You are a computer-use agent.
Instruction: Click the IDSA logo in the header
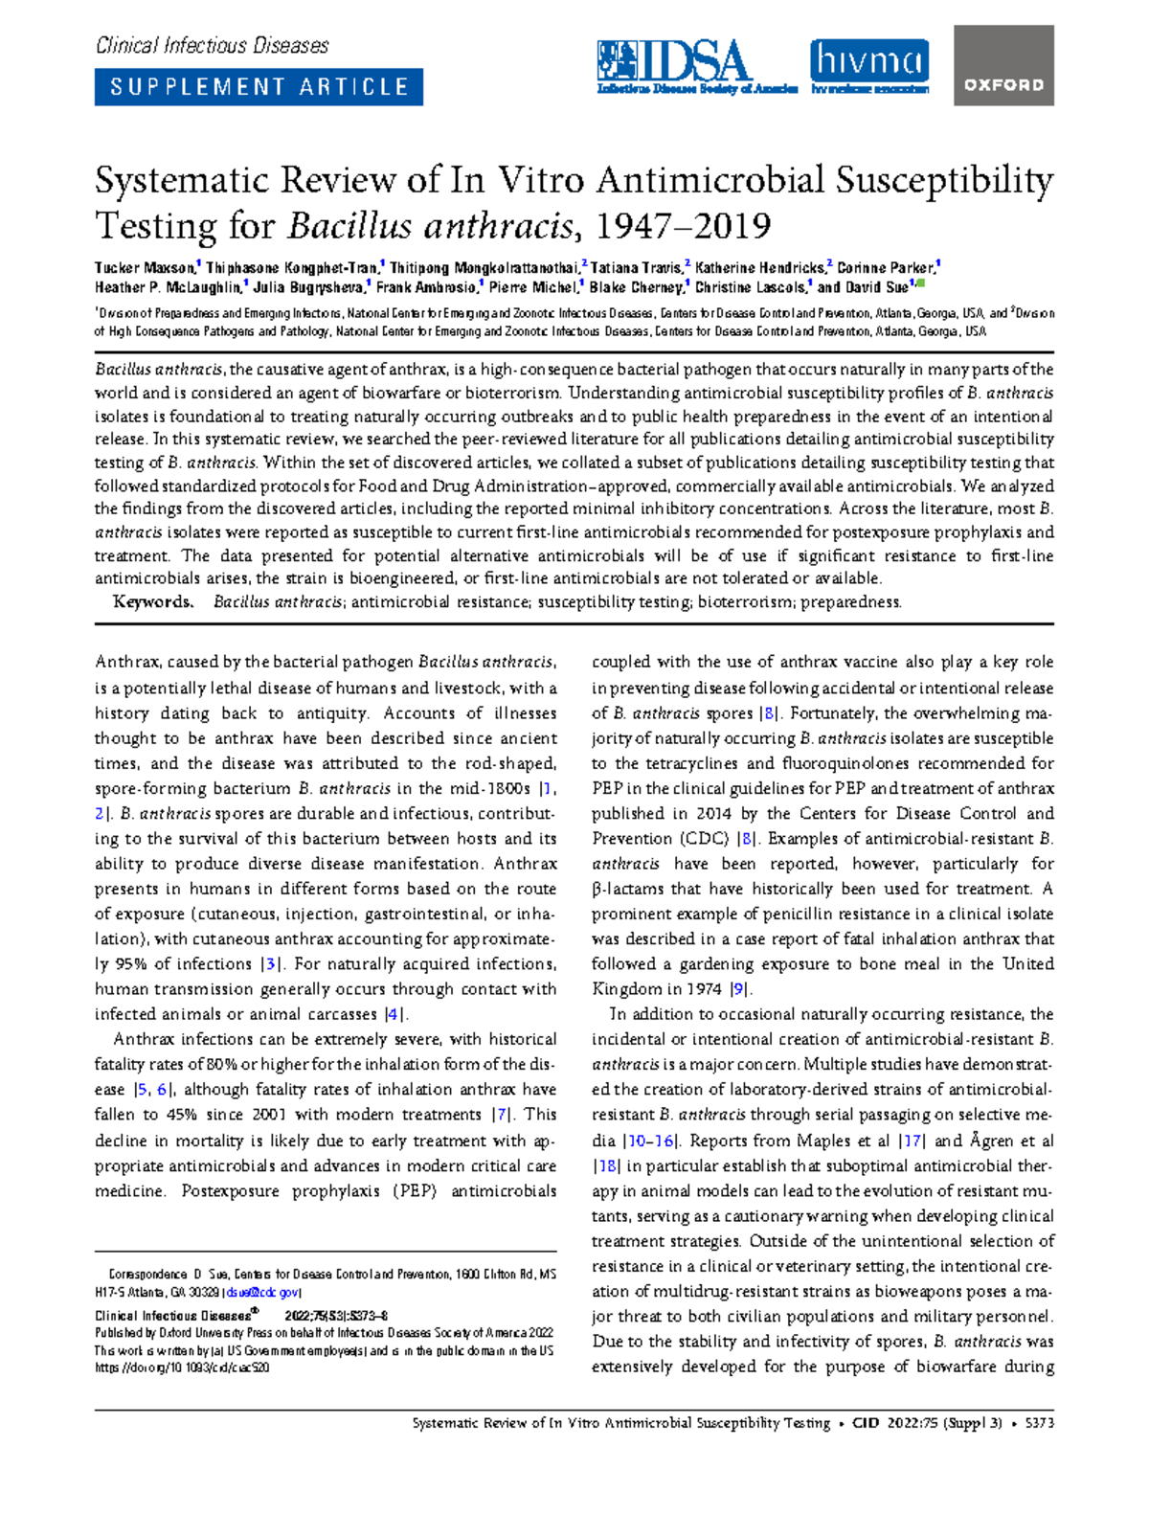point(696,65)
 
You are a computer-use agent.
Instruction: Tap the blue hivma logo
point(869,65)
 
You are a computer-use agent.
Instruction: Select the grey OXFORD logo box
point(1003,66)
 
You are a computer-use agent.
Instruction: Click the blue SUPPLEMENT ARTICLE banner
point(259,87)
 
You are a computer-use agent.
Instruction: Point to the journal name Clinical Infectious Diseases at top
point(212,45)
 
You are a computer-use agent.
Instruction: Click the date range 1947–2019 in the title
point(683,227)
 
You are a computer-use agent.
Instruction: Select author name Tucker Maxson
point(144,268)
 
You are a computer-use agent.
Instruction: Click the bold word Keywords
point(152,602)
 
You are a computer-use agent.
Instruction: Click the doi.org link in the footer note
point(182,1367)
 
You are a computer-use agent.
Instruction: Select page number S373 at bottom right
point(1038,1423)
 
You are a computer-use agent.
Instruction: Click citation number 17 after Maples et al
point(912,1141)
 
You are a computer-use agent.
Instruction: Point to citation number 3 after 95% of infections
point(272,964)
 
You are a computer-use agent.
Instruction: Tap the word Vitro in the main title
point(543,180)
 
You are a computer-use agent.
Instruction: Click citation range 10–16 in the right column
point(651,1141)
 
